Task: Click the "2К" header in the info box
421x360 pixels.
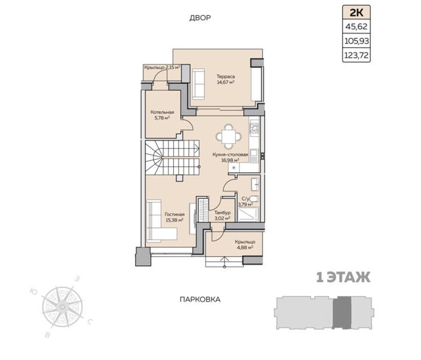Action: pos(356,13)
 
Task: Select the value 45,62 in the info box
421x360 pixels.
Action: pos(356,27)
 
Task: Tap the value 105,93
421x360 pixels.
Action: pos(356,41)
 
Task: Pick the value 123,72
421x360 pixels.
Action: pos(356,56)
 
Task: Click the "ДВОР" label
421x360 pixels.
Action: pos(200,18)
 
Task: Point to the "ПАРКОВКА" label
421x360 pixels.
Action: pos(200,299)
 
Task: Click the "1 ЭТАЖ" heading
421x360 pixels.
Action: pos(343,278)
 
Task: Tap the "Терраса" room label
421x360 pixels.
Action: pos(225,77)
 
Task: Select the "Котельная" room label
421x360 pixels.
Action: pos(162,112)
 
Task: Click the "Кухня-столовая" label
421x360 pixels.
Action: pos(230,154)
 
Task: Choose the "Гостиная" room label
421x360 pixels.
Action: pos(174,214)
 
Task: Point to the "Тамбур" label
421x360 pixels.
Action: pos(222,213)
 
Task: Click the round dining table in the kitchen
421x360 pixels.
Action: pos(228,137)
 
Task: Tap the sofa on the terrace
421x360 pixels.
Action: pos(198,84)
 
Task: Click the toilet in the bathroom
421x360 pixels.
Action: pos(253,199)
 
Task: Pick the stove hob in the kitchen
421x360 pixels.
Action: pos(254,128)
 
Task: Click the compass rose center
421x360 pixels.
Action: pos(62,307)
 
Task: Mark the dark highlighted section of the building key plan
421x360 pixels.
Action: pos(342,312)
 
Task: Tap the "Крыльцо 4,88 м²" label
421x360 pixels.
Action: pos(245,244)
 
